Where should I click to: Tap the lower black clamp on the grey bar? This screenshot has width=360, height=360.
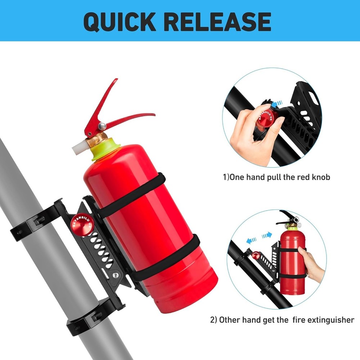click(x=90, y=317)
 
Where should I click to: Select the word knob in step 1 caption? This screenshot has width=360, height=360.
click(x=320, y=177)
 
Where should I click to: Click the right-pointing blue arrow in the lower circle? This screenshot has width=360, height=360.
click(x=267, y=236)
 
